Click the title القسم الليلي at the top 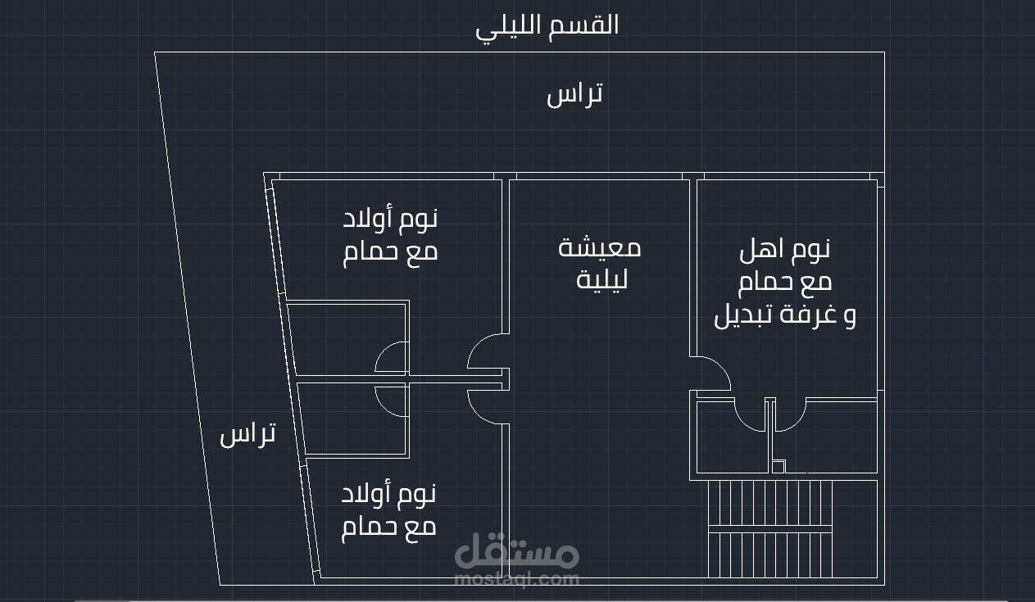point(547,25)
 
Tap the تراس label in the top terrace point(574,94)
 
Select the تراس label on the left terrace point(247,434)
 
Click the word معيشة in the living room point(600,247)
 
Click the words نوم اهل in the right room point(785,248)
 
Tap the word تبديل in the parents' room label point(745,315)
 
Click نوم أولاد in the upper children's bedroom point(390,219)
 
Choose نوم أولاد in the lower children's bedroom point(388,494)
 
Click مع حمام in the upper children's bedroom point(390,251)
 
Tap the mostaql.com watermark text point(517,579)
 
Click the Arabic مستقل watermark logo point(517,552)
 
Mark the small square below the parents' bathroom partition point(779,467)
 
